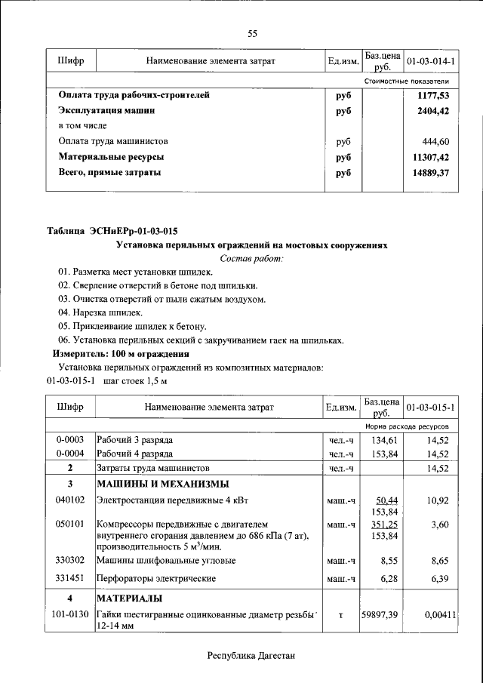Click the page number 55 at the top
(x=252, y=33)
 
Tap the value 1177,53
(x=433, y=96)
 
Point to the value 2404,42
(x=433, y=111)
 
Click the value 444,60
(x=437, y=141)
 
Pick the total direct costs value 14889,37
(x=431, y=172)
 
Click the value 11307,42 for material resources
(x=431, y=157)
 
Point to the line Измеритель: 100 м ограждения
(x=120, y=353)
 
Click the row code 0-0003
(x=69, y=439)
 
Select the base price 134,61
(x=383, y=439)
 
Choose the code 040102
(x=69, y=500)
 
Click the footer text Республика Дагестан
(x=251, y=656)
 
